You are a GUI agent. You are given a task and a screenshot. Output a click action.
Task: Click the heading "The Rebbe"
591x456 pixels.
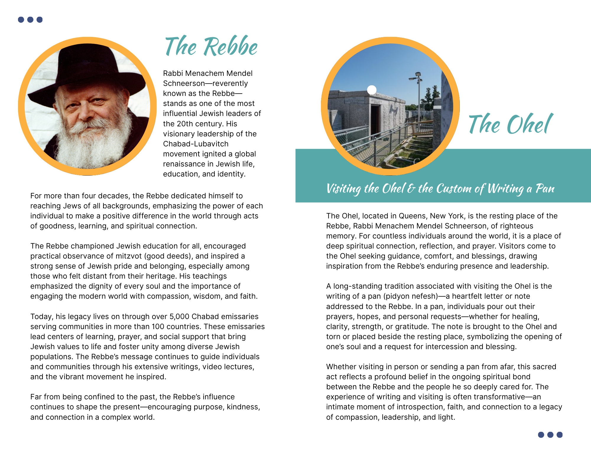(x=211, y=47)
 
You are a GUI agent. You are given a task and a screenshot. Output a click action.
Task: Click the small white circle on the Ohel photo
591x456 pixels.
(x=372, y=90)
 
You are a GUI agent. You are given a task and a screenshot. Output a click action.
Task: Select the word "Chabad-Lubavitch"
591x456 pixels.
(x=196, y=144)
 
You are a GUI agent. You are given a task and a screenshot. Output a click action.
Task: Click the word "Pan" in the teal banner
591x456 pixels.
(x=545, y=188)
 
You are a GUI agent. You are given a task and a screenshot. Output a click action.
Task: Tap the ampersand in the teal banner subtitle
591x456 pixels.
(x=411, y=188)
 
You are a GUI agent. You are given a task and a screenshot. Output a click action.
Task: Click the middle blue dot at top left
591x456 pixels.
(x=30, y=20)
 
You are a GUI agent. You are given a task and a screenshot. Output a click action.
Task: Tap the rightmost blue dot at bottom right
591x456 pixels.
(x=559, y=435)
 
